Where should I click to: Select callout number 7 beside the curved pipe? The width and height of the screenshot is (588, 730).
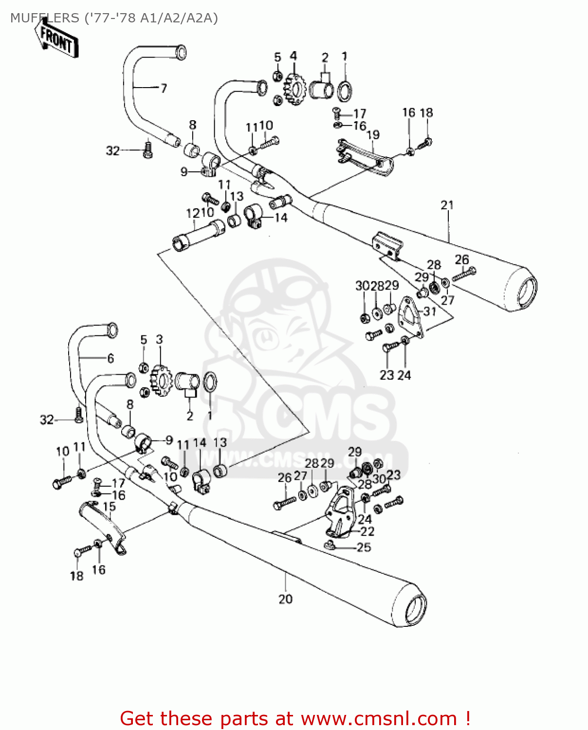(164, 88)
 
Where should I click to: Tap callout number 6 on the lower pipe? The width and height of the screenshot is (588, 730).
(110, 359)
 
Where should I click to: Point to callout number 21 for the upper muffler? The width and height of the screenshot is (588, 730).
(447, 205)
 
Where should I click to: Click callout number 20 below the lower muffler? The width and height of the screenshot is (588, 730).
(285, 599)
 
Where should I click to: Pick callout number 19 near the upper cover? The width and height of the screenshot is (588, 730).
(373, 135)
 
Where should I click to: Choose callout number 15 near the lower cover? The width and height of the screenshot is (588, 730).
(110, 507)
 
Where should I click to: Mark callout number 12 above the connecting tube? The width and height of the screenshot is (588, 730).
(193, 213)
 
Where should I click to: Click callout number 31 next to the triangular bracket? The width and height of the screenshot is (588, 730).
(429, 311)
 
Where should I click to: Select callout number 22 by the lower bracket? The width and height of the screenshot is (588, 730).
(367, 531)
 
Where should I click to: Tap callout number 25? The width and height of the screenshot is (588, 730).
(364, 547)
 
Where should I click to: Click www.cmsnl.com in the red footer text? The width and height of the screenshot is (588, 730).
(379, 719)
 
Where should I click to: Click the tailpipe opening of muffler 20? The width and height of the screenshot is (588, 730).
(415, 610)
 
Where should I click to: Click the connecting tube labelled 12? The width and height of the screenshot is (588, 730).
(198, 235)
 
